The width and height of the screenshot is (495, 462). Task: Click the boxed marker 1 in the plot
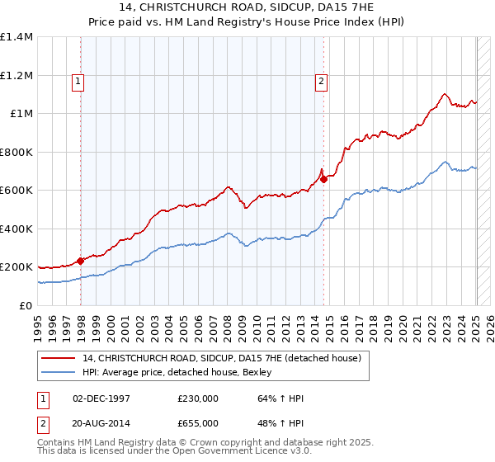click(x=77, y=81)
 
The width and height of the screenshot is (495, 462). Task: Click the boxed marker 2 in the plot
click(x=320, y=81)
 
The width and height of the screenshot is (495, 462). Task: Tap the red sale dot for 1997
click(x=81, y=262)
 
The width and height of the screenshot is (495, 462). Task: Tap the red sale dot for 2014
click(x=324, y=180)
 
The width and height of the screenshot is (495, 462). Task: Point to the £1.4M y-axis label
click(x=16, y=37)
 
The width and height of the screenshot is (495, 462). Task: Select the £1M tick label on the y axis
click(x=22, y=114)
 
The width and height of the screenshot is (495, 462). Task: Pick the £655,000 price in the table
click(x=197, y=423)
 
